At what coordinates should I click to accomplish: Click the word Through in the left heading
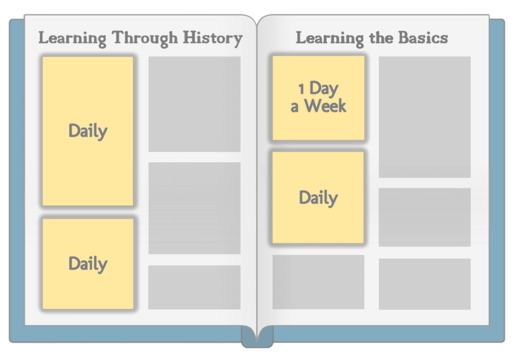[145, 38]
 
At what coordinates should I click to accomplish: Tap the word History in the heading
[213, 38]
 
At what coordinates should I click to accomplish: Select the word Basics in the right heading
[423, 38]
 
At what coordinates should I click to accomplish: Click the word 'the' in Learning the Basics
[381, 38]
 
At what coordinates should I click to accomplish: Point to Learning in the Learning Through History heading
[72, 38]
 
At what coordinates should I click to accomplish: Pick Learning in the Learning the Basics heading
[330, 38]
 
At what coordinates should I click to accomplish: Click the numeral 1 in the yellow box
[302, 89]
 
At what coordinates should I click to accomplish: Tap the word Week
[325, 106]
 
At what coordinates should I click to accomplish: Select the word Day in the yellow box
[324, 89]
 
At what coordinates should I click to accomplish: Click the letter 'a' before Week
[294, 107]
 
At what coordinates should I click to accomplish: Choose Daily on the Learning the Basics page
[318, 198]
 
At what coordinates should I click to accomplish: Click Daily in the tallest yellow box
[88, 131]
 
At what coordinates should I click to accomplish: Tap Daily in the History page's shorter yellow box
[88, 264]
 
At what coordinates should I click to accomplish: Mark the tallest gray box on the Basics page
[425, 117]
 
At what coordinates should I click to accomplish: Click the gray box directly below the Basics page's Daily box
[318, 282]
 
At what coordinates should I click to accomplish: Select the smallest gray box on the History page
[194, 287]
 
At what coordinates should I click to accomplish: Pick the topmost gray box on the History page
[194, 104]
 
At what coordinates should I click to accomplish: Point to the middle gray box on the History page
[194, 208]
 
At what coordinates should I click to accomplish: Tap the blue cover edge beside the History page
[17, 180]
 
